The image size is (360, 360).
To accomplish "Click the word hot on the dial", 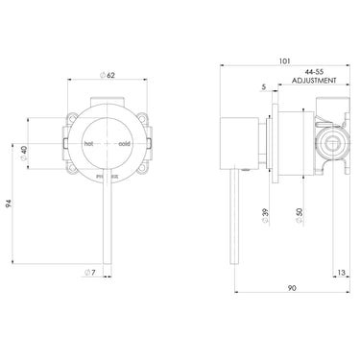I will pyautogui.click(x=88, y=143).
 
